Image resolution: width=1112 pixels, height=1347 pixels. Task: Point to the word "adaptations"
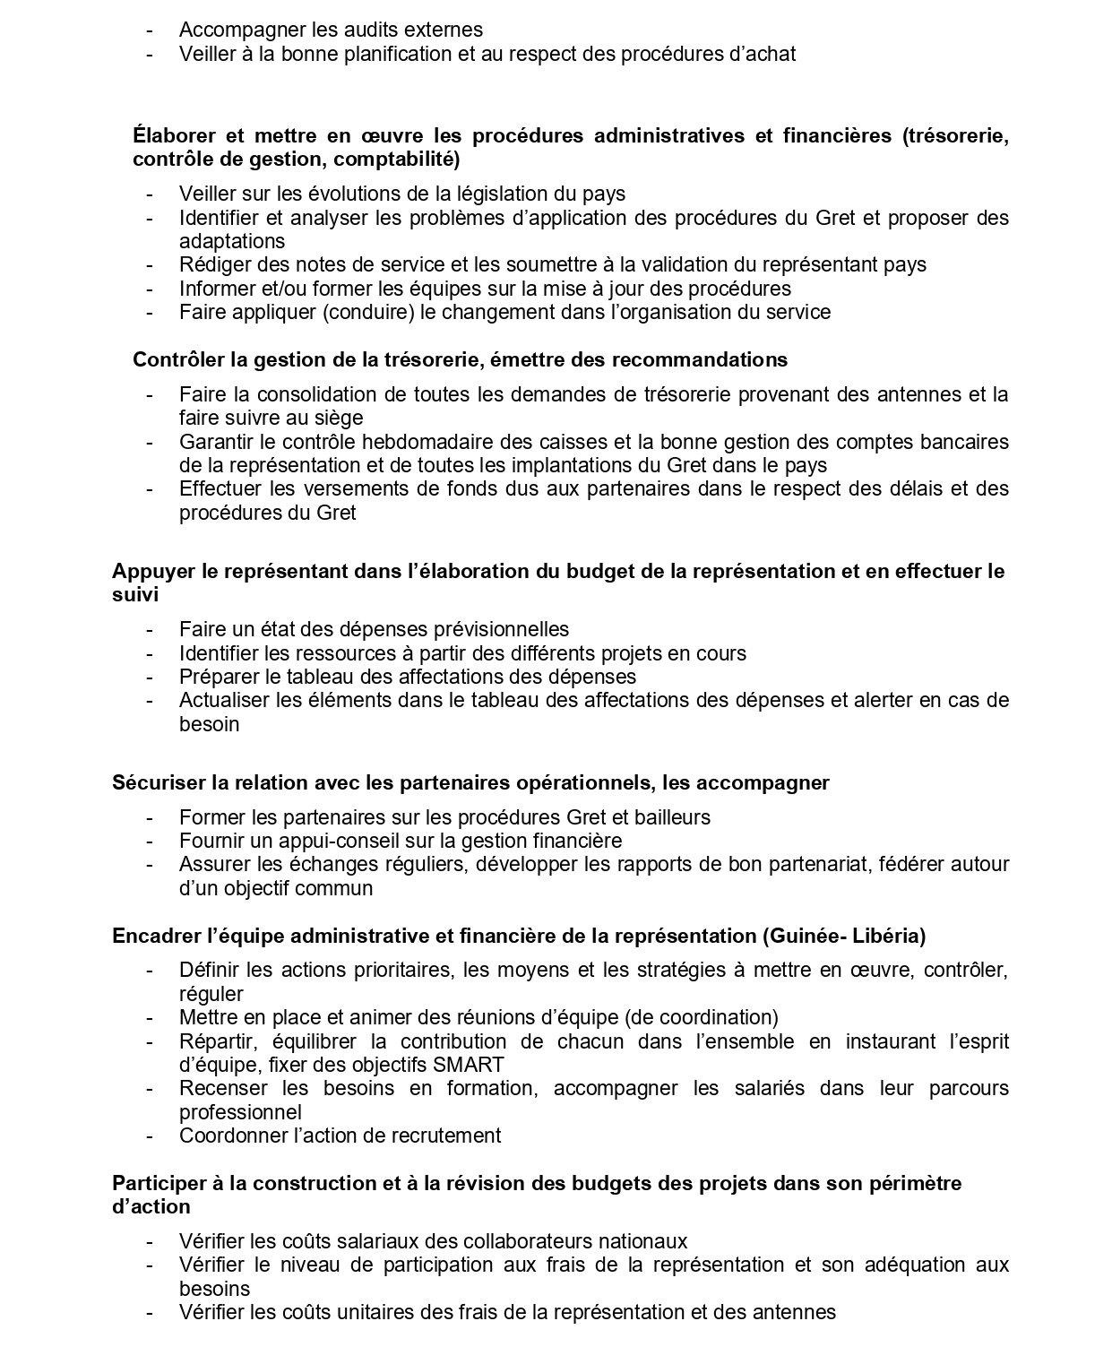(x=232, y=241)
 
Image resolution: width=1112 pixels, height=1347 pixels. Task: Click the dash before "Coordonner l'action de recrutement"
(x=149, y=1135)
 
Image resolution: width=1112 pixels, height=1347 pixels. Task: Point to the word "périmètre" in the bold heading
(x=916, y=1183)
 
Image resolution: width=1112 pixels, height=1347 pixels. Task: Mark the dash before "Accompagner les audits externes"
(x=149, y=30)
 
